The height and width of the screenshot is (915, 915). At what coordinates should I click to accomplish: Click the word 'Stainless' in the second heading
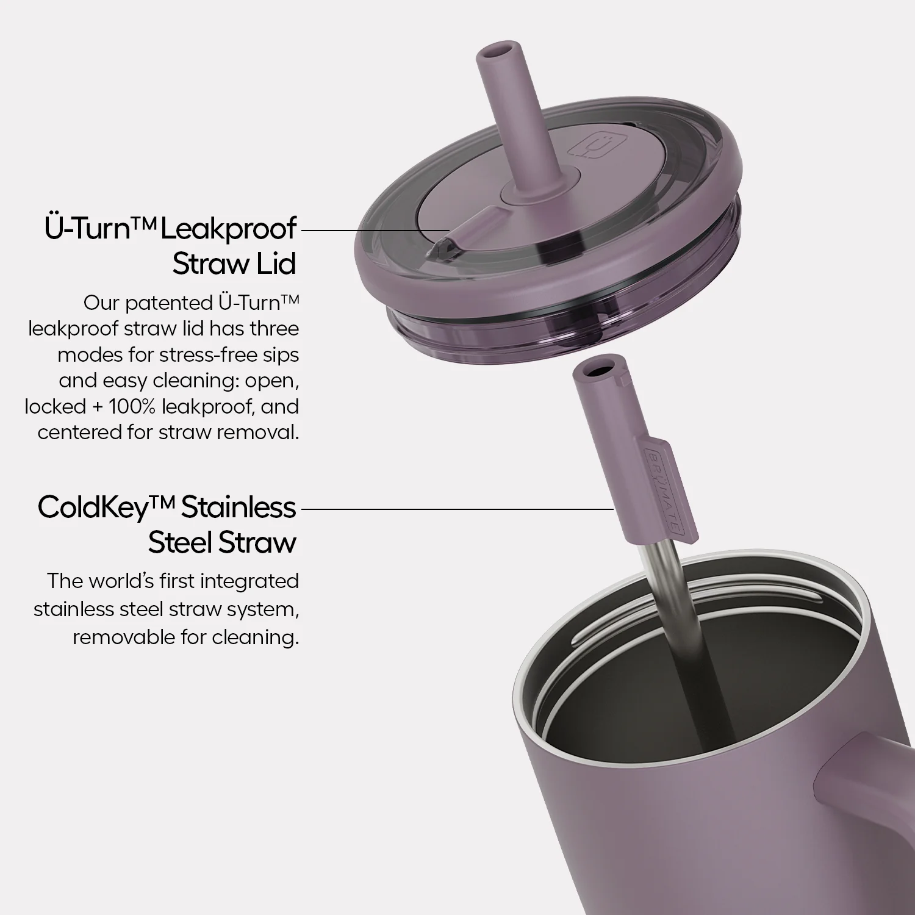239,507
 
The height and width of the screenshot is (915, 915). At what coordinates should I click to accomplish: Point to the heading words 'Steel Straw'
222,542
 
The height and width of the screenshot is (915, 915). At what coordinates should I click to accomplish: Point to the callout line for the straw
457,508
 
